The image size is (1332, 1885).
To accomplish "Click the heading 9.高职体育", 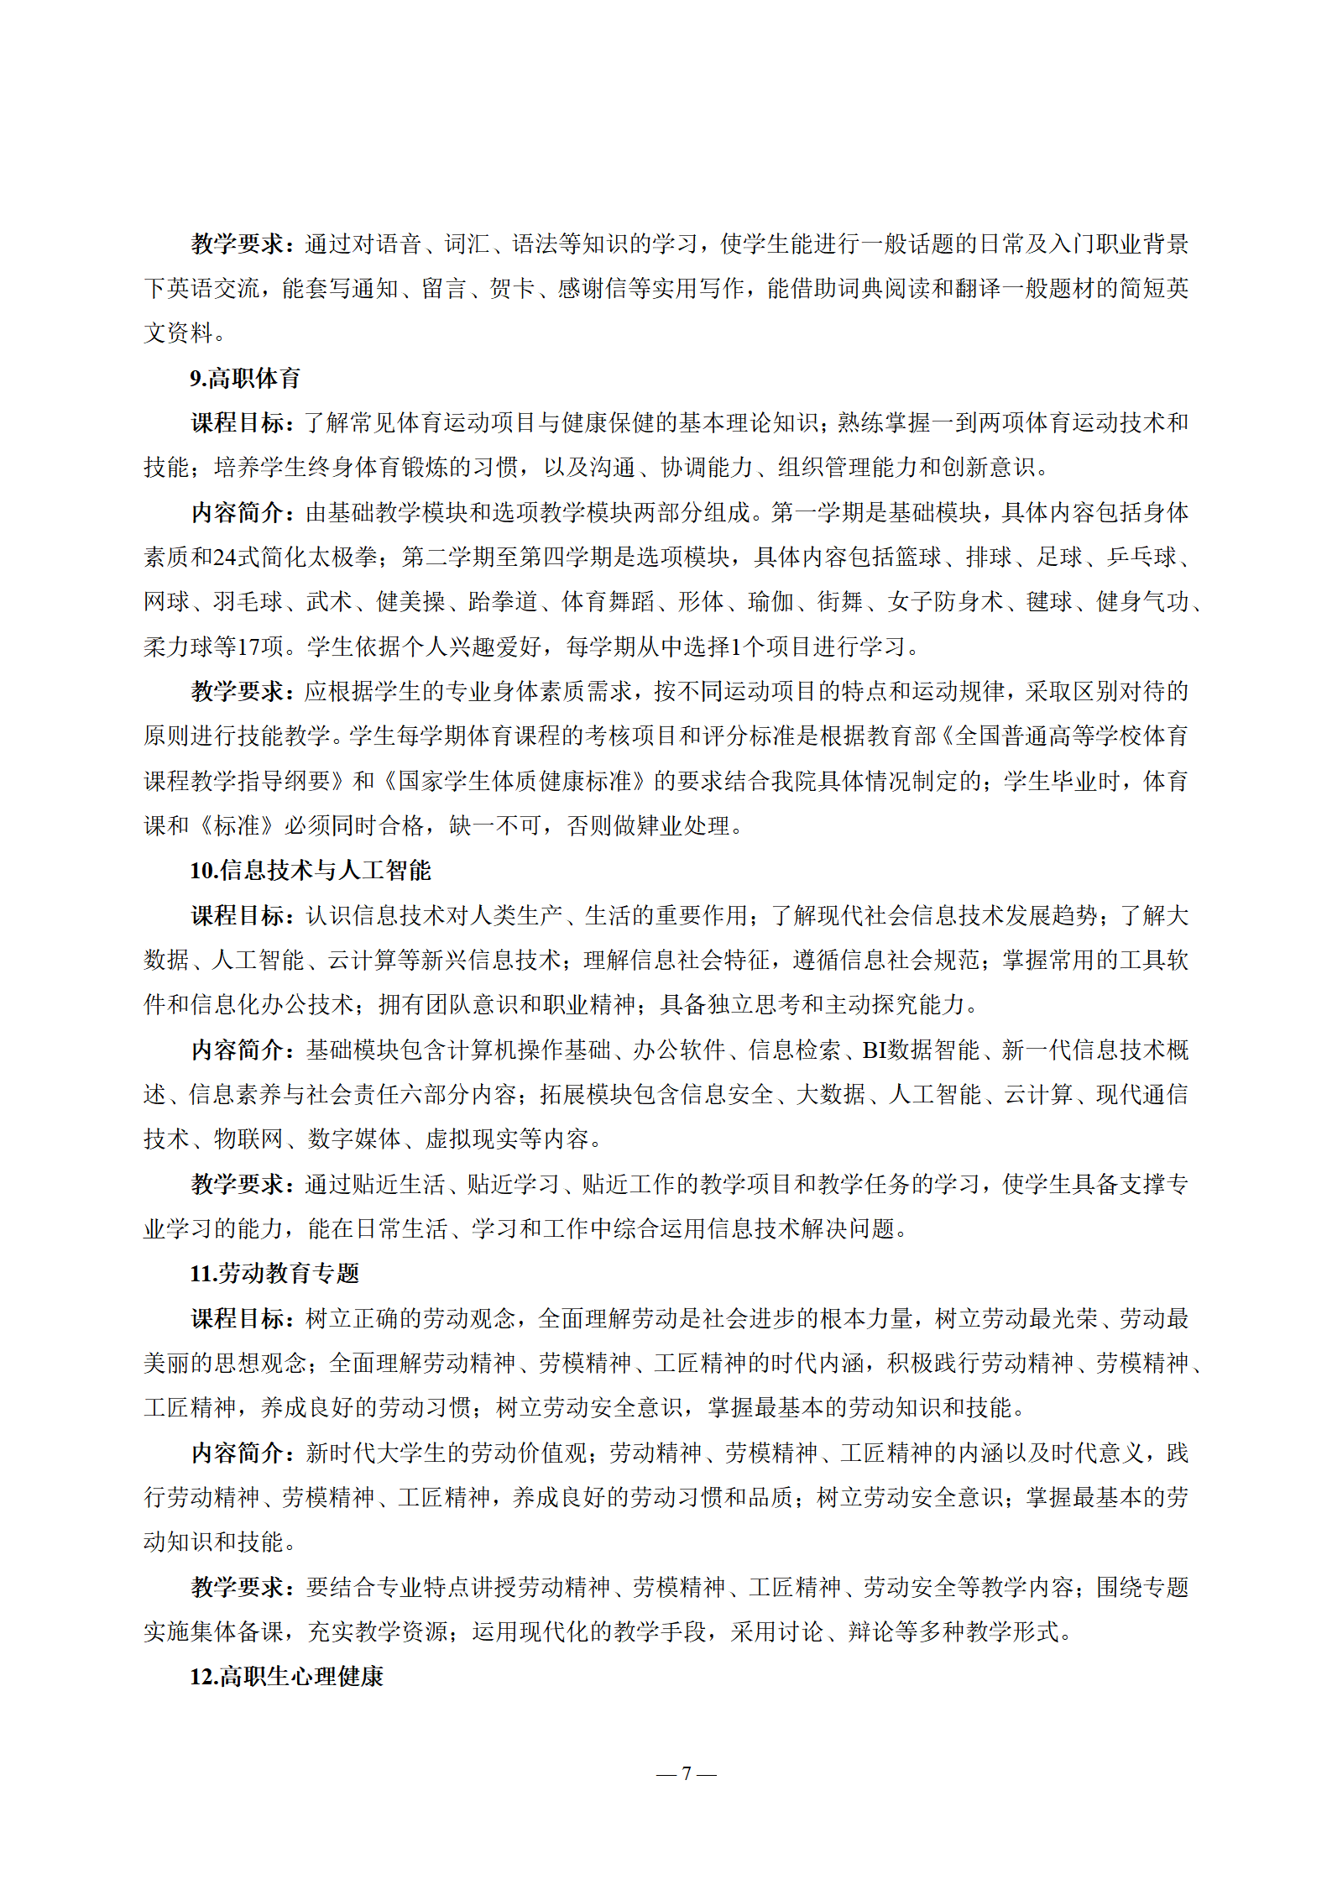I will click(244, 378).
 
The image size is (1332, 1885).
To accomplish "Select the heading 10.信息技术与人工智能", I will click(310, 871).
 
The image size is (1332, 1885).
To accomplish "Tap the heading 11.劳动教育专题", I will click(274, 1274).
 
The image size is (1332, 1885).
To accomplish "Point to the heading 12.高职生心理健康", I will click(286, 1677).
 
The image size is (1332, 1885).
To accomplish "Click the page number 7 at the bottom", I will click(687, 1773).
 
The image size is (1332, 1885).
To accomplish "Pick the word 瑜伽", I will click(770, 602).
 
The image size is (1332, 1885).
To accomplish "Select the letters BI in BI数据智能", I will click(875, 1050).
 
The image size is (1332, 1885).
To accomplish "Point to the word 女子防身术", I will click(945, 602).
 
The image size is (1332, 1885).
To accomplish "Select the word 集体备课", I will click(238, 1632).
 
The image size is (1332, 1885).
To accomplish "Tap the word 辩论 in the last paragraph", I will click(870, 1632).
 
